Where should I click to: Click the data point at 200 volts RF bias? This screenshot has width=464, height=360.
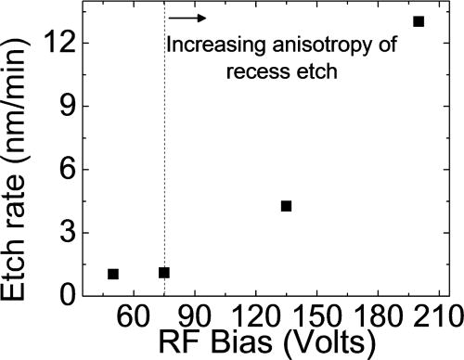point(419,21)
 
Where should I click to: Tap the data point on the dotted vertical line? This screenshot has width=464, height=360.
point(164,273)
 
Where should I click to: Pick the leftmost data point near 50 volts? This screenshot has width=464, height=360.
point(113,274)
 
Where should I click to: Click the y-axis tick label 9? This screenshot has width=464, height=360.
point(68,106)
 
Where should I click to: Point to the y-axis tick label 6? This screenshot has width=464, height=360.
point(68,170)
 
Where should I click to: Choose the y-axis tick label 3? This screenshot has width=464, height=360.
point(68,233)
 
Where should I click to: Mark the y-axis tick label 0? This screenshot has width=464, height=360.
point(68,296)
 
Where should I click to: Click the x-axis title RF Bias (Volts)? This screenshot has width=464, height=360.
point(267,342)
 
